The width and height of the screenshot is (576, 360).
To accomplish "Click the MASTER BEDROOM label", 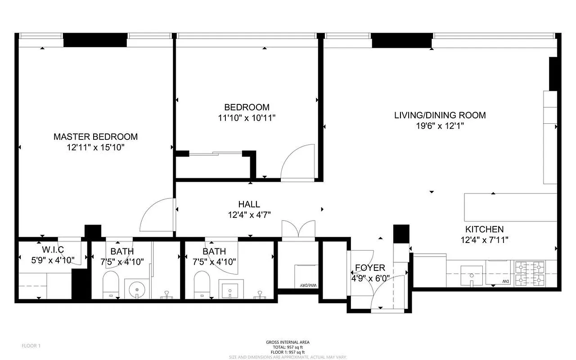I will [x=95, y=136].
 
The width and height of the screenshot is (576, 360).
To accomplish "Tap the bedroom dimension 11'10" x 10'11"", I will [x=247, y=118].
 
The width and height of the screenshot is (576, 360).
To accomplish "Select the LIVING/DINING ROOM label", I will [x=440, y=115].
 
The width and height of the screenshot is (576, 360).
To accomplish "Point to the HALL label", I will [x=249, y=204].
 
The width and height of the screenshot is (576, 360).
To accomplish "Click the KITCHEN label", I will [x=484, y=229].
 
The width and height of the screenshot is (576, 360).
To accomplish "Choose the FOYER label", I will [x=369, y=268].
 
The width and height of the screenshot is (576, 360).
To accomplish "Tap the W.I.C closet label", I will [x=53, y=249].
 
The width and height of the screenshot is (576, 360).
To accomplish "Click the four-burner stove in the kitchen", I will [x=535, y=274].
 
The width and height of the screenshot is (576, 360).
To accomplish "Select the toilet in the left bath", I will [x=110, y=285].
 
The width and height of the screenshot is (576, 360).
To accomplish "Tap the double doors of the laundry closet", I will [x=298, y=228].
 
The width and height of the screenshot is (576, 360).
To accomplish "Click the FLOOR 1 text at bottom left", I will [x=31, y=346].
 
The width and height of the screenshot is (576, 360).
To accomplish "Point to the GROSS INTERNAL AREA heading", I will [x=288, y=342].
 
